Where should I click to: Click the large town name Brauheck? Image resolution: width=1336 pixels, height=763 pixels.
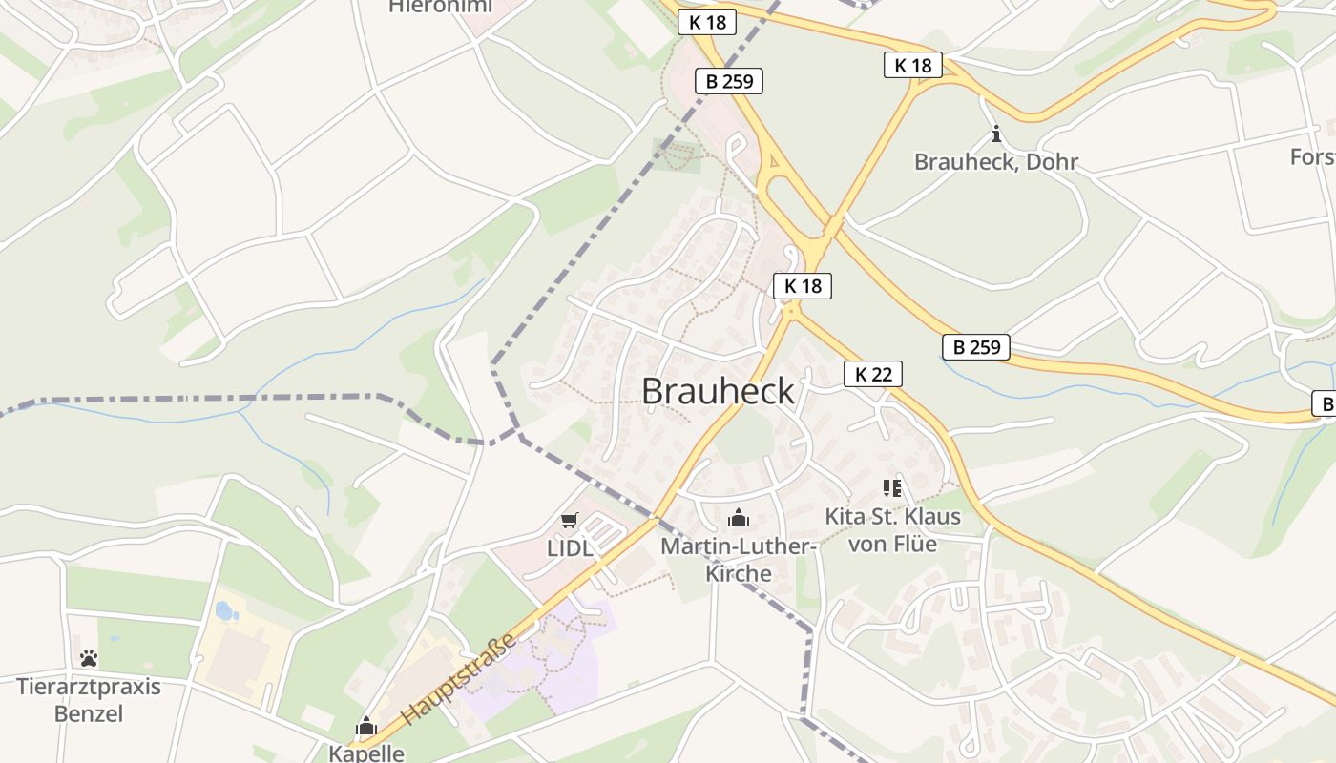click(x=718, y=391)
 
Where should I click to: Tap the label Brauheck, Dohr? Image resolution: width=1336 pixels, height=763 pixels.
click(x=995, y=162)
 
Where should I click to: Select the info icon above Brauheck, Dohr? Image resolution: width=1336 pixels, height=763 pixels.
click(x=995, y=134)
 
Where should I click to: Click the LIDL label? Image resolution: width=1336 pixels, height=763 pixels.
click(x=570, y=548)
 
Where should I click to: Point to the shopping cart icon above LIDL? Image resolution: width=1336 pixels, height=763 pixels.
click(x=570, y=521)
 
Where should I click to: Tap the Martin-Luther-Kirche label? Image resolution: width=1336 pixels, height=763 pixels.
click(x=738, y=560)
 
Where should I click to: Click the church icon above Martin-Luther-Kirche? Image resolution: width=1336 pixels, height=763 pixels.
click(x=738, y=518)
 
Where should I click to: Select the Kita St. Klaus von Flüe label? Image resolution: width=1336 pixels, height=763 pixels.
click(x=892, y=530)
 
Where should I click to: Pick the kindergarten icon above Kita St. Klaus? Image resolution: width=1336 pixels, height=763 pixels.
click(x=892, y=488)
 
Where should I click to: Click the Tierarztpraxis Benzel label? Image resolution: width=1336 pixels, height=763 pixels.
click(x=89, y=699)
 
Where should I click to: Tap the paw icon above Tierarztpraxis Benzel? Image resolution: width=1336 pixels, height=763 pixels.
click(x=89, y=658)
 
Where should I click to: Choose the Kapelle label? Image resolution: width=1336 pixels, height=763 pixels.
click(x=366, y=753)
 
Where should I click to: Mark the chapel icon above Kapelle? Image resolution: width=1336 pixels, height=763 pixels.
click(x=366, y=727)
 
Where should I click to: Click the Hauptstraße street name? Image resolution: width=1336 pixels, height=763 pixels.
click(x=459, y=678)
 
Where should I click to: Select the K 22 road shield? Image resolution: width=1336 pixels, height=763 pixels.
click(x=872, y=374)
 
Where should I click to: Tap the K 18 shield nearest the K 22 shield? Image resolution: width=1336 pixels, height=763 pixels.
click(x=803, y=285)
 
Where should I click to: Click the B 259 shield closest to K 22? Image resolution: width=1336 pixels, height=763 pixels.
click(x=976, y=347)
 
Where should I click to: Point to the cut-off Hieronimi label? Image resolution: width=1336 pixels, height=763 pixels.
click(x=440, y=7)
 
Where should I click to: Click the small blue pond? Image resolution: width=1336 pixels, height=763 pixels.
click(x=226, y=610)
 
